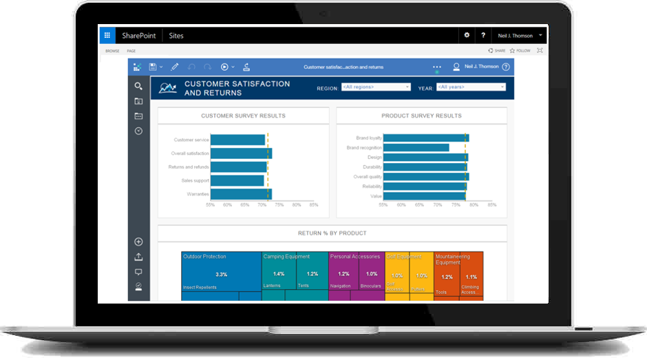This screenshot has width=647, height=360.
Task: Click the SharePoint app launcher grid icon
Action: [107, 35]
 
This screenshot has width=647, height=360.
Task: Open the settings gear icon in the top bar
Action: [467, 35]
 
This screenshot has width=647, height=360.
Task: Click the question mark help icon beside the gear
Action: [483, 35]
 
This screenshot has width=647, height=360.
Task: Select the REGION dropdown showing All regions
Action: [376, 87]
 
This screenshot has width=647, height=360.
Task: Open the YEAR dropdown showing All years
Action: [471, 87]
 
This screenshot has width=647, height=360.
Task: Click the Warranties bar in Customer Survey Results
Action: [241, 194]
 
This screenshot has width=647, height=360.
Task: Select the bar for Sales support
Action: [237, 180]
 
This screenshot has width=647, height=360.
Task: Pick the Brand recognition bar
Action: [416, 147]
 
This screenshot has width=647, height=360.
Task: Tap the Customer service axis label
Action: [191, 140]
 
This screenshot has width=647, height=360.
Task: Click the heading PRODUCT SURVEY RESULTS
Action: [421, 116]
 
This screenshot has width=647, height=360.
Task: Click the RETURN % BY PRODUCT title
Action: [332, 233]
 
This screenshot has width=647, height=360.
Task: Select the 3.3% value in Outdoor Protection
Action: [221, 275]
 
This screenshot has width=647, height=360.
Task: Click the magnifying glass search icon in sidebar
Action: [138, 87]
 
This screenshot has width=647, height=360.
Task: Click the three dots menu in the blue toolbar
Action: [436, 67]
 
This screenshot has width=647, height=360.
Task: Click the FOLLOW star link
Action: [521, 51]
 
